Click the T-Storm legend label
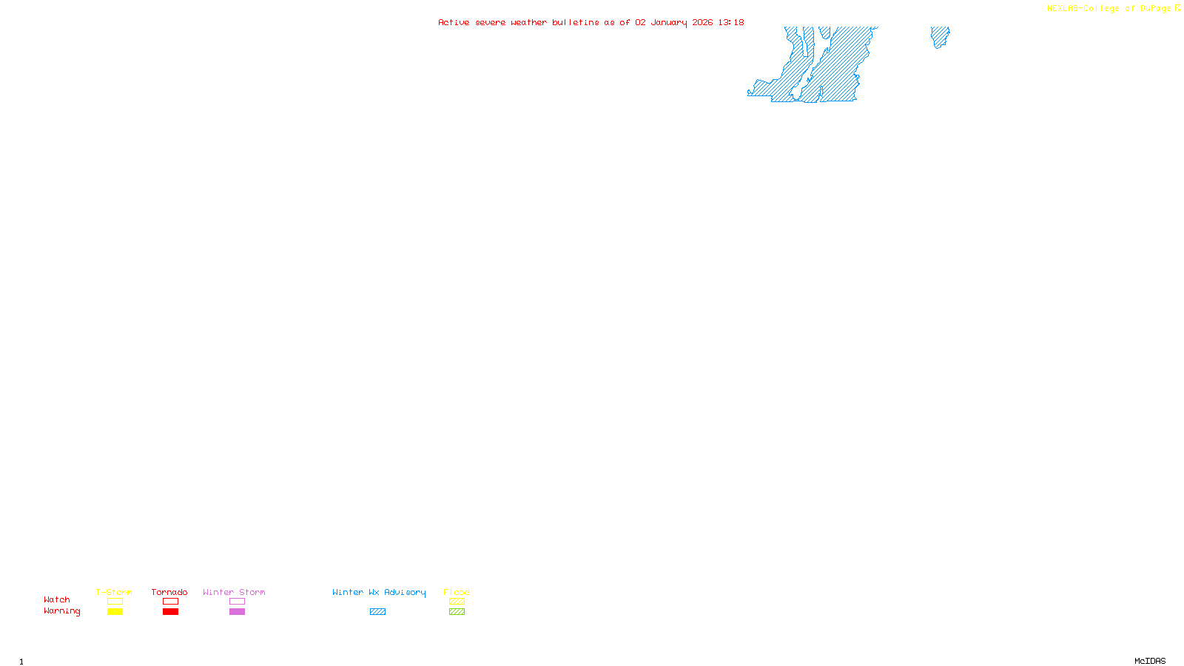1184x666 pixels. click(x=114, y=592)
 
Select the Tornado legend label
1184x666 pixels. click(x=169, y=592)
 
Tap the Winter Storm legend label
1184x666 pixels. click(x=234, y=592)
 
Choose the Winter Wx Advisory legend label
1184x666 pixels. click(x=379, y=592)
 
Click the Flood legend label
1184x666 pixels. click(x=457, y=592)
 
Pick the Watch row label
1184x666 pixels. click(x=57, y=599)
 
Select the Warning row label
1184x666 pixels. click(x=62, y=611)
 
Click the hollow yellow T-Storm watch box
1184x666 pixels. click(x=115, y=602)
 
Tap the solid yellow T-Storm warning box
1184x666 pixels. click(x=115, y=612)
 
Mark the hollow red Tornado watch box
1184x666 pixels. click(x=170, y=602)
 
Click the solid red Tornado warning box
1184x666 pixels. click(x=170, y=612)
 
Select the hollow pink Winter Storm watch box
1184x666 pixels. click(x=237, y=602)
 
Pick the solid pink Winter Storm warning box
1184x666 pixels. click(x=237, y=612)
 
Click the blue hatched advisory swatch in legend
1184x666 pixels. click(x=377, y=612)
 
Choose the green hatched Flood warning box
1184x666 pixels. click(x=457, y=612)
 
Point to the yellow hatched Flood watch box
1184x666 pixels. click(x=457, y=602)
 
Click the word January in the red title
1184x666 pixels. click(x=669, y=22)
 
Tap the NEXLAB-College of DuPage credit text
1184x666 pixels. click(x=1109, y=9)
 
